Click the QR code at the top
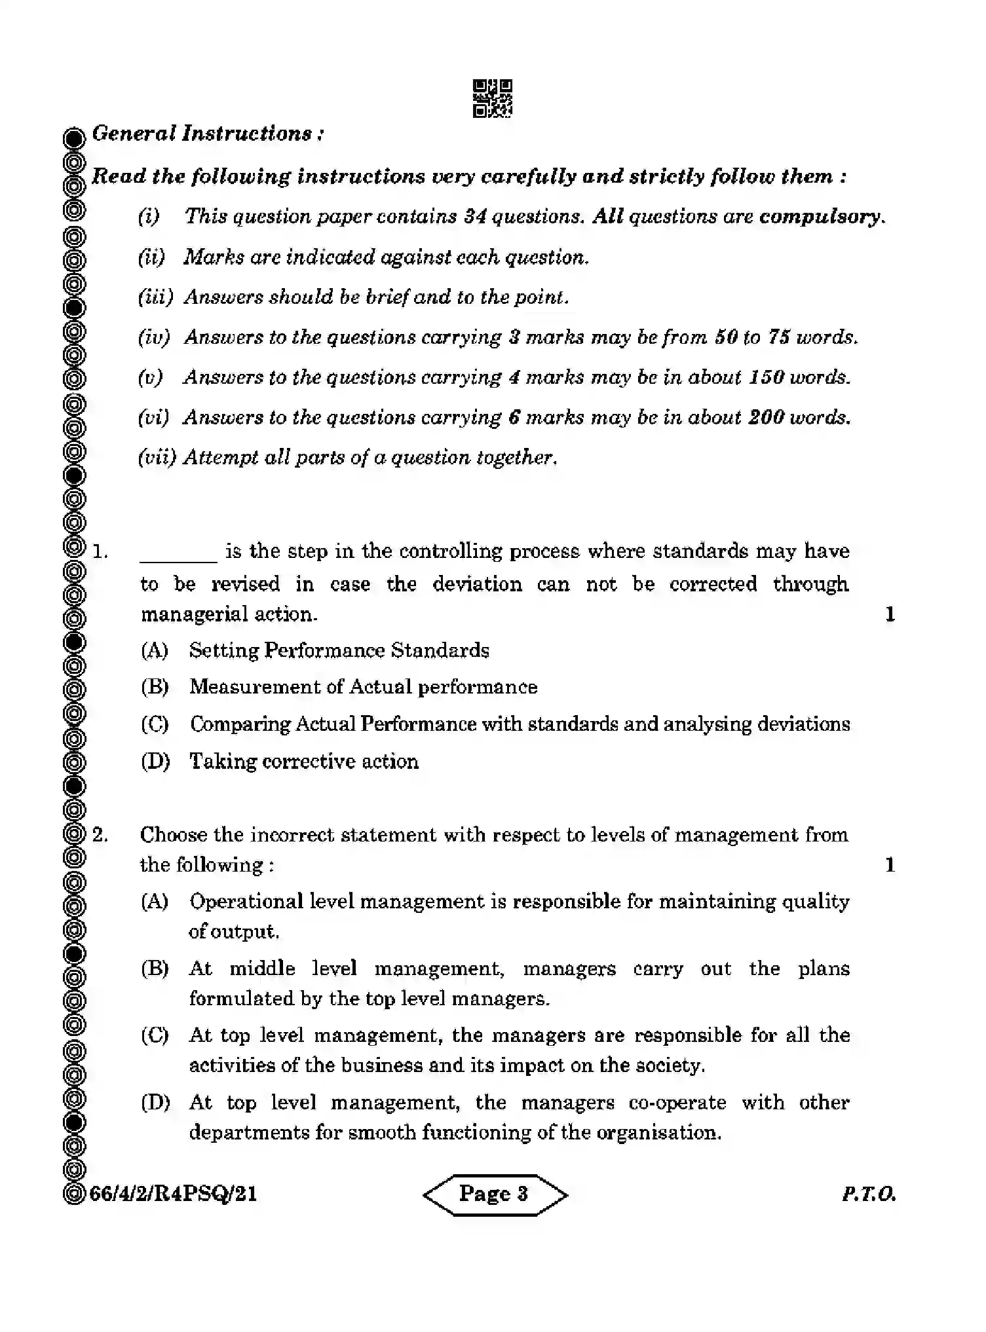tap(492, 99)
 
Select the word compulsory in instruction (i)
tap(820, 217)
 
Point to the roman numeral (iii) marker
tap(155, 297)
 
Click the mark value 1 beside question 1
tap(890, 614)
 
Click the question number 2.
tap(100, 835)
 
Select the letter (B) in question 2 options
tap(155, 969)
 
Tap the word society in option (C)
tap(675, 1065)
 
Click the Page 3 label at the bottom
tap(493, 1194)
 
